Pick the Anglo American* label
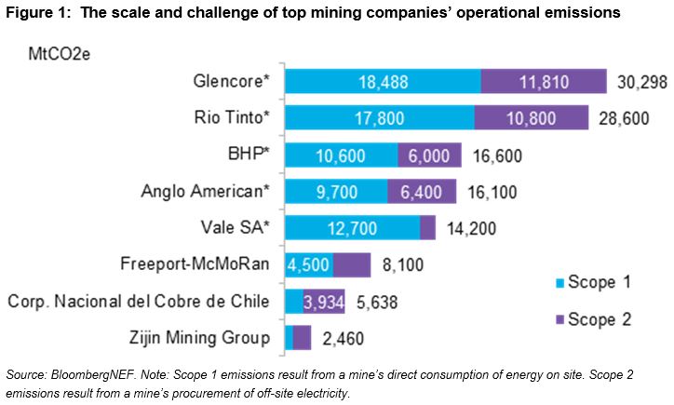click(x=205, y=192)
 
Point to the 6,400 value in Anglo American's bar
click(x=422, y=192)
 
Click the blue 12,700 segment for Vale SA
click(x=352, y=228)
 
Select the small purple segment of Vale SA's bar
click(x=427, y=228)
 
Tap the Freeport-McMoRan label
click(x=195, y=264)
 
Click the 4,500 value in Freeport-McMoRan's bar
click(x=308, y=264)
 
